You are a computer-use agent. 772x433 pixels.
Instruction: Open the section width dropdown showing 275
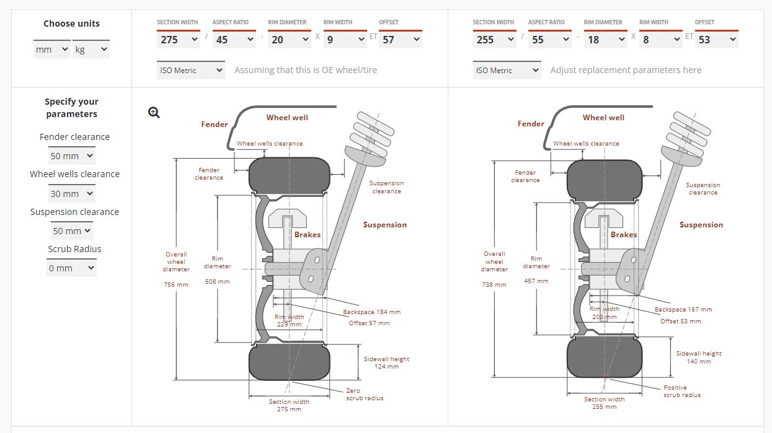(x=178, y=40)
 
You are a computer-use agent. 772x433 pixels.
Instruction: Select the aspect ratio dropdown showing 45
(x=234, y=40)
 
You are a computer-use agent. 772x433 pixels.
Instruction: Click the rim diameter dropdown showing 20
(x=290, y=40)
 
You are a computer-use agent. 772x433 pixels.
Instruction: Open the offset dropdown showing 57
(x=401, y=40)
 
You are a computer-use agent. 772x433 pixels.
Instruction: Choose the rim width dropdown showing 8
(x=660, y=40)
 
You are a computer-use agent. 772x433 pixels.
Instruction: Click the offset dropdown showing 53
(x=717, y=40)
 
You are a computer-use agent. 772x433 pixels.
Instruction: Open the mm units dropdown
(x=51, y=49)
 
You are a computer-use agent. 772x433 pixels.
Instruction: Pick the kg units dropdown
(x=91, y=49)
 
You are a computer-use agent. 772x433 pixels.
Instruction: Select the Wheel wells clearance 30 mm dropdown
(x=72, y=193)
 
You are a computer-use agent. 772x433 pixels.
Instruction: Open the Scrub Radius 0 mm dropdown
(x=71, y=268)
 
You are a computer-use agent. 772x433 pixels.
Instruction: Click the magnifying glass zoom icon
(x=154, y=113)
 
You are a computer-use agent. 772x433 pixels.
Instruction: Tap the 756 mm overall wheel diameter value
(x=176, y=285)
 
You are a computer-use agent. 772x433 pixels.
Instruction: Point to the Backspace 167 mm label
(x=683, y=310)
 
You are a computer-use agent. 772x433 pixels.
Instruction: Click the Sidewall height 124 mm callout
(x=386, y=363)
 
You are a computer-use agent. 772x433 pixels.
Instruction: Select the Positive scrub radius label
(x=682, y=391)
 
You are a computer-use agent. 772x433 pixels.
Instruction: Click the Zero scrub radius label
(x=365, y=395)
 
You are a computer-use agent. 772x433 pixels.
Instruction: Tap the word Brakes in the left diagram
(x=308, y=235)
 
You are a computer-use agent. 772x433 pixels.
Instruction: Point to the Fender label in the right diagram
(x=531, y=124)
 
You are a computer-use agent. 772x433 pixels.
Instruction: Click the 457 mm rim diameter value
(x=536, y=281)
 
